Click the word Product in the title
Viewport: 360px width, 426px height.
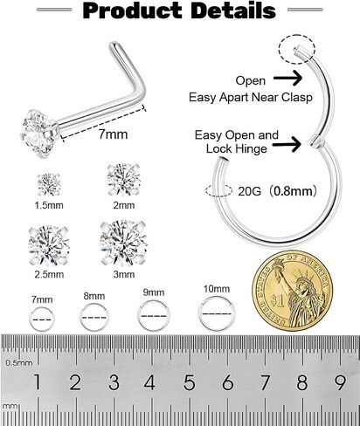[132, 11]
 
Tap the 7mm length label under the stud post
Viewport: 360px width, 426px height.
[113, 134]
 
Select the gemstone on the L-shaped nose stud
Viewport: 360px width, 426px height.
[38, 134]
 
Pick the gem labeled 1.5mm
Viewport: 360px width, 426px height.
[49, 184]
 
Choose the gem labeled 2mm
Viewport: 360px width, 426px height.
[124, 180]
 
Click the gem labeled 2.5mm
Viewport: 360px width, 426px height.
[49, 246]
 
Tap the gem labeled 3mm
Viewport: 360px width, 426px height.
[123, 244]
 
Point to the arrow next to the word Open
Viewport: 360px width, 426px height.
[287, 78]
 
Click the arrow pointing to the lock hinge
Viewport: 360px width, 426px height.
[287, 144]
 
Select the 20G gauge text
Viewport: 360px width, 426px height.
[249, 191]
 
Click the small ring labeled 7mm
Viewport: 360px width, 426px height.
[42, 319]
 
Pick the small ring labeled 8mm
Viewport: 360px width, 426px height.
[94, 318]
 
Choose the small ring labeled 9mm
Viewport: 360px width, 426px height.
[154, 315]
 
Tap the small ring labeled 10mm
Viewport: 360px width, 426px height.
[217, 313]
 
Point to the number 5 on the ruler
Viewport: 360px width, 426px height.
[189, 381]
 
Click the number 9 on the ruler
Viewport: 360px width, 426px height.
[340, 381]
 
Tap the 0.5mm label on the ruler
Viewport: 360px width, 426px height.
[19, 362]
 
